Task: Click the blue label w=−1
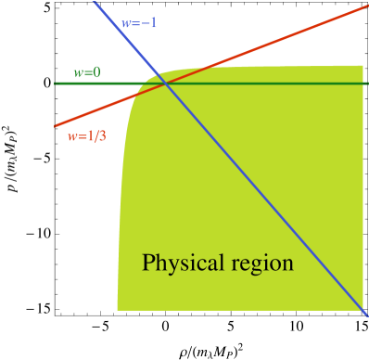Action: [140, 23]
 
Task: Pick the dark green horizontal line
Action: [278, 84]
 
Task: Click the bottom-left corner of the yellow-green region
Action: [118, 309]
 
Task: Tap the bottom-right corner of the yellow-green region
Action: [363, 310]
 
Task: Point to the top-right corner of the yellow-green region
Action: [363, 66]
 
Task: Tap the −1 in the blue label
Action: [148, 23]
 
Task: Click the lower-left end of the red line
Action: [56, 126]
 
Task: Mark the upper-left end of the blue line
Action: [95, 1]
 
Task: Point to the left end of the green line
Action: [55, 84]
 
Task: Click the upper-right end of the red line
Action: [367, 6]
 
